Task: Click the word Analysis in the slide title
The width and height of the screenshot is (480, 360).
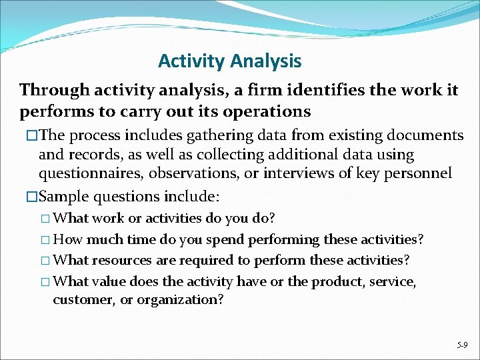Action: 265,61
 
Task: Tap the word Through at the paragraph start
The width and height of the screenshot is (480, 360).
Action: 51,89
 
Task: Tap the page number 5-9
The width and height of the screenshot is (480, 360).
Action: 462,345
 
